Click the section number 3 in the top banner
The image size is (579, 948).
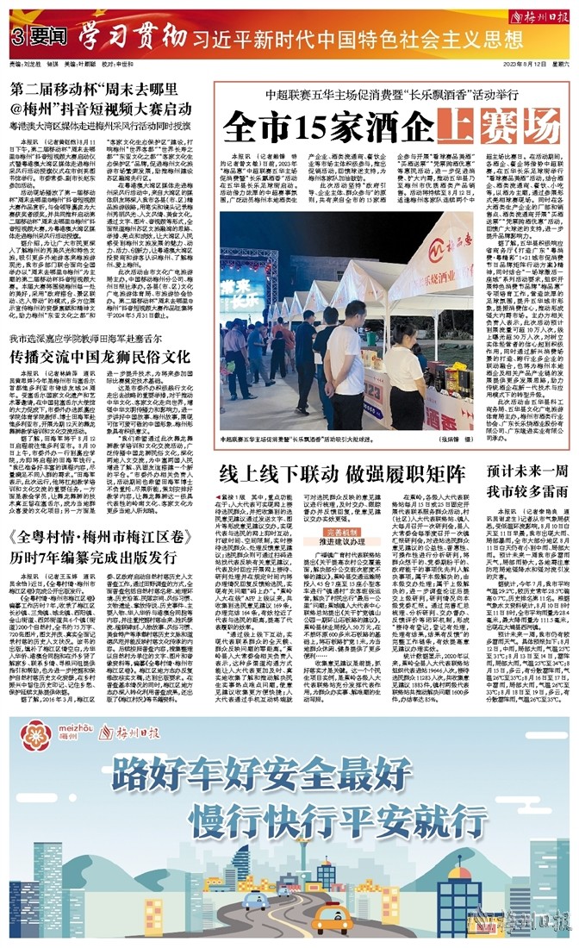tap(16, 38)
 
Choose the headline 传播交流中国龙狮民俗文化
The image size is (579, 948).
tap(99, 356)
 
